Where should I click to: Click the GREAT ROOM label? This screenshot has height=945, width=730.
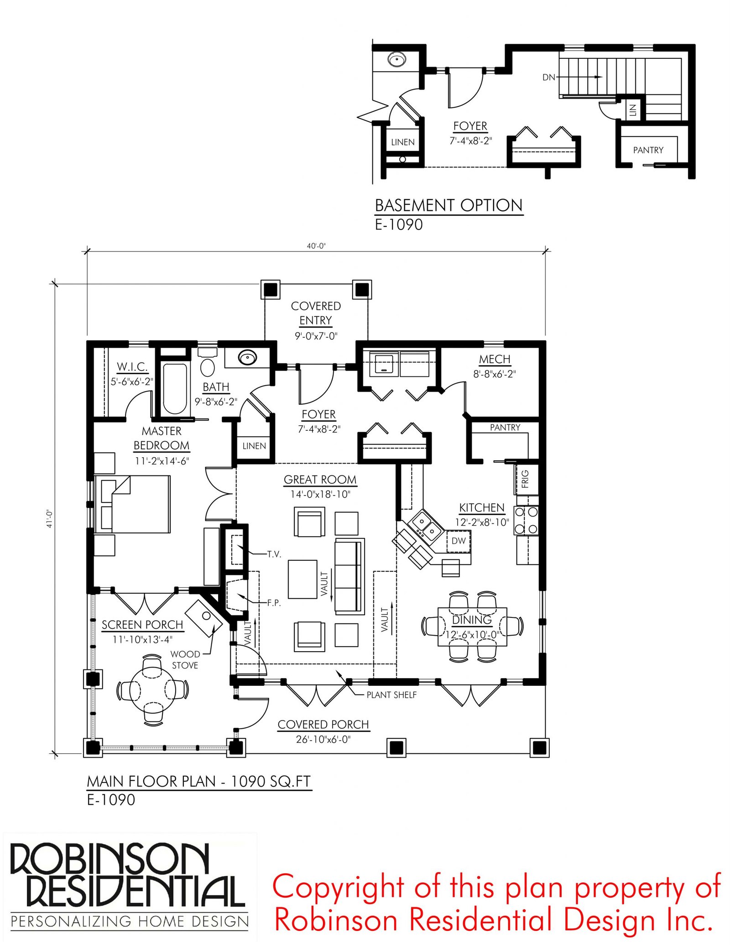320,480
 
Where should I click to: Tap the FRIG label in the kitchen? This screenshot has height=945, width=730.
525,479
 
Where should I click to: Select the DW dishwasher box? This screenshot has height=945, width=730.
459,541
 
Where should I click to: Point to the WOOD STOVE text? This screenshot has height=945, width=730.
185,660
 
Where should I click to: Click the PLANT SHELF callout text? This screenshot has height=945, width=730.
391,695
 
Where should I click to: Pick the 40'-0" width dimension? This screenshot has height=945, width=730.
316,246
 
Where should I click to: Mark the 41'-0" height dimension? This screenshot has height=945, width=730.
49,519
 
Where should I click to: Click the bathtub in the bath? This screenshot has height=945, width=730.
175,388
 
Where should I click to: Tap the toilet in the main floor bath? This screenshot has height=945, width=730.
208,366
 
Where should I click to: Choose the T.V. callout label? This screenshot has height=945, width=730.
274,554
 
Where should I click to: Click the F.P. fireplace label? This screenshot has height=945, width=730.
274,603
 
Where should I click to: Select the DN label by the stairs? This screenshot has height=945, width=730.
548,78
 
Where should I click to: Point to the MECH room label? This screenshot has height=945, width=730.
495,360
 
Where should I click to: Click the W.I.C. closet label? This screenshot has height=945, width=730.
132,367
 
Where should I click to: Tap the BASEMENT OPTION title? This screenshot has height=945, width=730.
448,206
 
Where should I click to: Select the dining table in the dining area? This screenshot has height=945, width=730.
472,626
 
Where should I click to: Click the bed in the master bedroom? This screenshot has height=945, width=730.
137,504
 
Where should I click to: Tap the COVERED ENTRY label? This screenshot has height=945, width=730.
316,313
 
